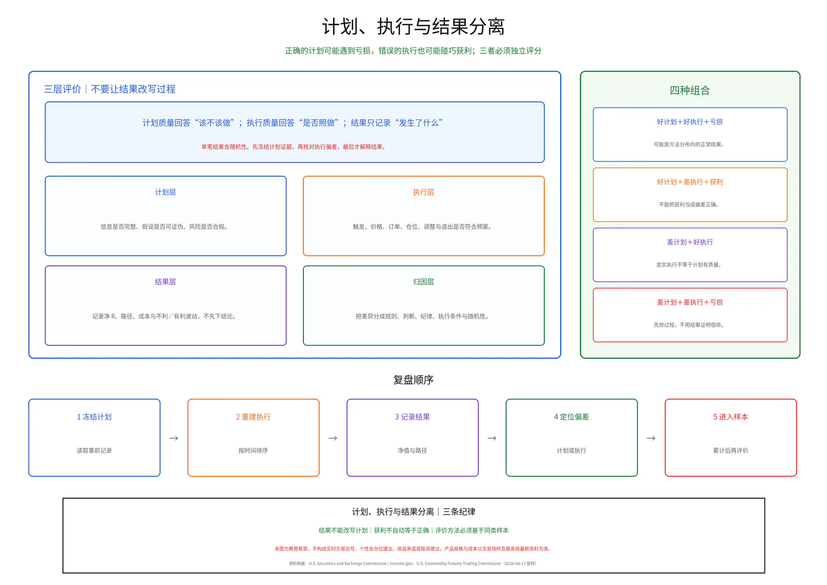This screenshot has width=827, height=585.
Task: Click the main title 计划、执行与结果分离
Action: coord(413,26)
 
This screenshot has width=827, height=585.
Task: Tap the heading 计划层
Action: coord(165,192)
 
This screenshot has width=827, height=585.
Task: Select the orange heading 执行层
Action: coord(423,192)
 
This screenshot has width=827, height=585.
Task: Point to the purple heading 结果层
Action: coord(165,282)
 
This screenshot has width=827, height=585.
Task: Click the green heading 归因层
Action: coord(423,282)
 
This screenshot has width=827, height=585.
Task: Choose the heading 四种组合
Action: coord(690,90)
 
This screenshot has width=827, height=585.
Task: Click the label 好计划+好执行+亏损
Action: coord(690,122)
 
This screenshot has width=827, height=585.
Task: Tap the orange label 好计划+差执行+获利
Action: coord(690,182)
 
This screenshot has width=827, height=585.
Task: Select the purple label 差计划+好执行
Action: coord(690,243)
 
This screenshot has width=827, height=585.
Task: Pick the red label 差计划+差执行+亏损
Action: coord(690,302)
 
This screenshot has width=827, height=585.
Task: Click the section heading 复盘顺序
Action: coord(413,380)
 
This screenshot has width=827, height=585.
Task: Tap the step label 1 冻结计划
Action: coord(94,417)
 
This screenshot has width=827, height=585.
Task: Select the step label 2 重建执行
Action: coord(253,417)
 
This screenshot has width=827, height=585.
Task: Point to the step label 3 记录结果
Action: coord(412,417)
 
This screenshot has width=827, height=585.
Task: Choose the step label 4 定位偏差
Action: coord(572,417)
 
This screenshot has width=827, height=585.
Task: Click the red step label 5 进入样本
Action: coord(731,417)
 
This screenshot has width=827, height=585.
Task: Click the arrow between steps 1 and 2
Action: coord(174,438)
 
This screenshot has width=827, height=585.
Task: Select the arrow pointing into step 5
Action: coord(651,438)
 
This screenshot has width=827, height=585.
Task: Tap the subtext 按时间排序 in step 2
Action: coord(253,451)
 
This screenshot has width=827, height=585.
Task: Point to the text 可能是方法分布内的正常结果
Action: coord(688,144)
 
